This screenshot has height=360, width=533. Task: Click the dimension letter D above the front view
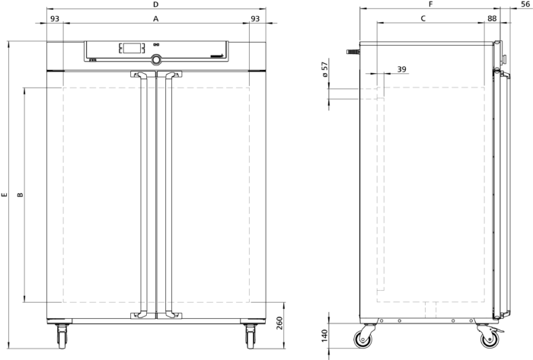(x=155, y=5)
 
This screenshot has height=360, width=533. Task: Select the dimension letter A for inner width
(x=155, y=19)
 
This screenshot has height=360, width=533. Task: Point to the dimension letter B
(x=21, y=195)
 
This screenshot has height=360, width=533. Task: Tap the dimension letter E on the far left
(x=4, y=195)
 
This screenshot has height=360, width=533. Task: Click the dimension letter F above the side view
(x=431, y=5)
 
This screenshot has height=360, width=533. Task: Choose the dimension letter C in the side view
(x=423, y=18)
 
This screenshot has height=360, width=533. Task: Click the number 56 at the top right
(x=525, y=5)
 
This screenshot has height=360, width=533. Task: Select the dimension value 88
(x=492, y=18)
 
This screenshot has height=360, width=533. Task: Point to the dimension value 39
(x=402, y=69)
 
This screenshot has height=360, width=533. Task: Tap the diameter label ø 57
(x=325, y=69)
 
